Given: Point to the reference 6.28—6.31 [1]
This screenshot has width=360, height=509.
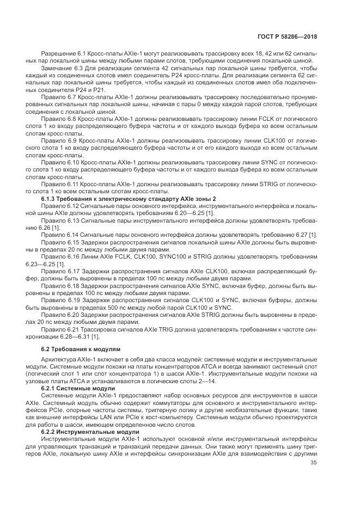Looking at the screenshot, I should click(x=78, y=337).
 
